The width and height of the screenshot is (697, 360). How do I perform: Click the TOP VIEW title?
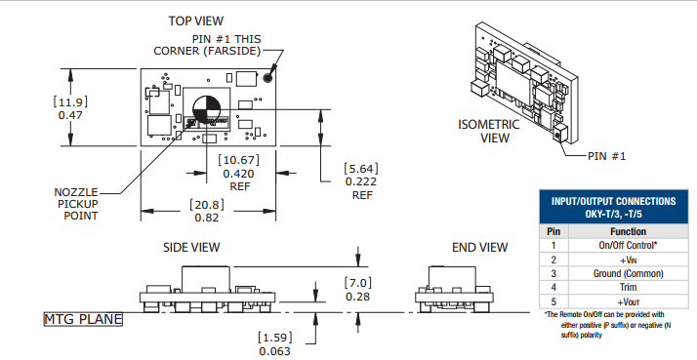195,20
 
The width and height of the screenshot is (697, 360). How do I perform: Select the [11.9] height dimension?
70,101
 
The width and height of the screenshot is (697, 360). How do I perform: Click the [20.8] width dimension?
207,205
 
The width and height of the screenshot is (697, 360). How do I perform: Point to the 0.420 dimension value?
239,174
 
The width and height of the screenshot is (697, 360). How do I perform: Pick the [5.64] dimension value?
361,169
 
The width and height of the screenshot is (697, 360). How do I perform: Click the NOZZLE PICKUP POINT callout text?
76,204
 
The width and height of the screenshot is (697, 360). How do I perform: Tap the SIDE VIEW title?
191,247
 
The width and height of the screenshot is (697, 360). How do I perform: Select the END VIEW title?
479,247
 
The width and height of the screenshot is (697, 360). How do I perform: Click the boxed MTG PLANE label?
83,319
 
